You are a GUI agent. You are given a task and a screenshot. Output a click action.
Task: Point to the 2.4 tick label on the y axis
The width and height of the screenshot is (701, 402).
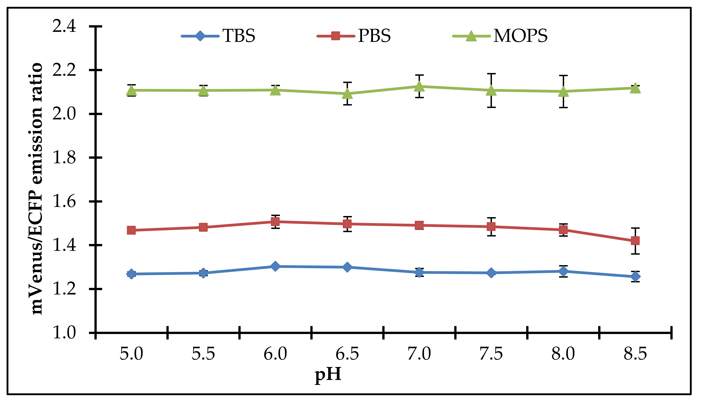pos(64,27)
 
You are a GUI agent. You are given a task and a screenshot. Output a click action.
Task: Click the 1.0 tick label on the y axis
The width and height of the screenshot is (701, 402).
pos(64,332)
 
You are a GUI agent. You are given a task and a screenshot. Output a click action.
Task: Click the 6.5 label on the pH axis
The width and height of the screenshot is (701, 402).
pos(347,354)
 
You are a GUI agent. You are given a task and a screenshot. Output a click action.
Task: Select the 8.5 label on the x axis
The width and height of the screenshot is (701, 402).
pos(635,354)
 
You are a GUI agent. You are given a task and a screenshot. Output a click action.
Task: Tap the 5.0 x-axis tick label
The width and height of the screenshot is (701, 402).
pos(131,354)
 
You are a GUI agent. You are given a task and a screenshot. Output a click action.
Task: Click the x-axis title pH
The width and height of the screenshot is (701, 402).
pos(328,375)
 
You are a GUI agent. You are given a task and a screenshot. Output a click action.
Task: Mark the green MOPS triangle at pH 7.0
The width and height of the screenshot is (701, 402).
pos(419,86)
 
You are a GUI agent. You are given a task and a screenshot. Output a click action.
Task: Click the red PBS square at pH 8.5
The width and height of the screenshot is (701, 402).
pos(635,241)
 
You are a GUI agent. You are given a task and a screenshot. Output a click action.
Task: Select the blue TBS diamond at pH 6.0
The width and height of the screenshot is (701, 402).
pos(275,266)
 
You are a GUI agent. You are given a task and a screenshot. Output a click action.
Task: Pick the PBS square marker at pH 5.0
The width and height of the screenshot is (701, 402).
pos(131,230)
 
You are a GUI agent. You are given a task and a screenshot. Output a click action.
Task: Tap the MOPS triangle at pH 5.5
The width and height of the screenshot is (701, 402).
pos(203,90)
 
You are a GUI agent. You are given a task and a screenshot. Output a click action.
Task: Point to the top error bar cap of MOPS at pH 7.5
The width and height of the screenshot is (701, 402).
pos(491,74)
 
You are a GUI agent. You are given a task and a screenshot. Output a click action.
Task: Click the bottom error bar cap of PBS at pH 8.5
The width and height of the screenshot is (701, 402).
pos(635,254)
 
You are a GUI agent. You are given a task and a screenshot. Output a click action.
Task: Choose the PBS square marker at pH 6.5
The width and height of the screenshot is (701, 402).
pos(347,224)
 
